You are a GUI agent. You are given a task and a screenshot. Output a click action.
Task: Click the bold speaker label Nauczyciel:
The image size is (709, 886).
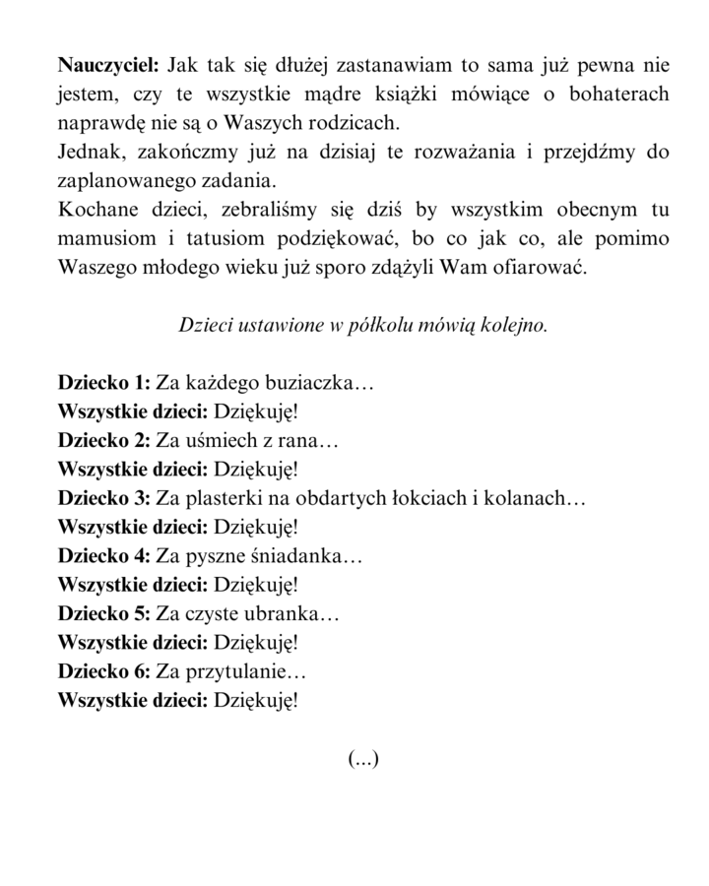point(108,67)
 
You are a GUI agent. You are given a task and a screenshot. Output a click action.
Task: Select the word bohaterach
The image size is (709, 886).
point(613,95)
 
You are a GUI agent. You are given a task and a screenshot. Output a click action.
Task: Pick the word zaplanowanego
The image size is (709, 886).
point(120,182)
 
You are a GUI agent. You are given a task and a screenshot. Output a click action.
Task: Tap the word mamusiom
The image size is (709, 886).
point(103,239)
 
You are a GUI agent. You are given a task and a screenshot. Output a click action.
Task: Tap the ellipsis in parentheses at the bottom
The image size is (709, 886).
point(363,758)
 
